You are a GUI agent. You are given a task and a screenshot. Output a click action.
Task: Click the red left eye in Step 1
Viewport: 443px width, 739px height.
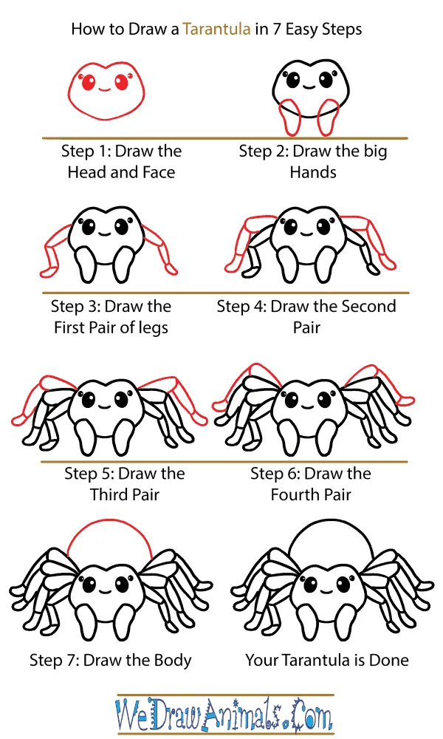89,83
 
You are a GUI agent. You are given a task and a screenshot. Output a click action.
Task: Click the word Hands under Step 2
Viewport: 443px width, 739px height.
313,172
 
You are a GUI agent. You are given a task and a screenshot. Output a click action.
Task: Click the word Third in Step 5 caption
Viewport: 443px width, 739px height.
109,494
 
